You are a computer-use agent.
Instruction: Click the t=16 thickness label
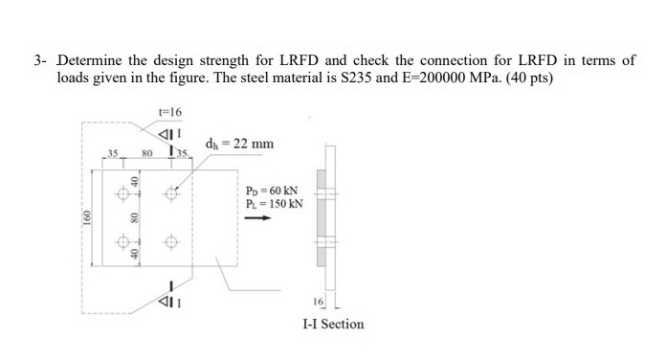tap(169, 113)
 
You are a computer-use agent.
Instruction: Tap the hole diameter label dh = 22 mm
tap(239, 144)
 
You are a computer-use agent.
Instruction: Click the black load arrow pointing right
tap(256, 217)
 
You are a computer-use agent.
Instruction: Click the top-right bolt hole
tap(173, 191)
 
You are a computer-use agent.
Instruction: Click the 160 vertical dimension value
tap(86, 219)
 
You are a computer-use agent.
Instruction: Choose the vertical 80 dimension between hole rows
tap(135, 216)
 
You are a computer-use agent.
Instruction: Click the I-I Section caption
tap(333, 324)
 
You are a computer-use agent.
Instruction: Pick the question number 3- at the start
tap(40, 60)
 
